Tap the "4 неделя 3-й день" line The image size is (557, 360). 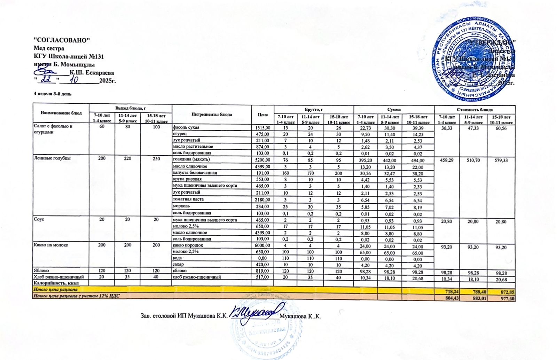pos(53,94)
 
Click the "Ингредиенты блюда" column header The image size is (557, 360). pos(212,115)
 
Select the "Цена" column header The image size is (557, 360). pos(262,115)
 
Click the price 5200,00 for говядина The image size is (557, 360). pos(262,160)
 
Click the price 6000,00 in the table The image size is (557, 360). pos(262,245)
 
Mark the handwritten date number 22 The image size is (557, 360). pos(46,80)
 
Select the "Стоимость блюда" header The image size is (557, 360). pos(474,110)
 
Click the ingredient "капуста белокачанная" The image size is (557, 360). pos(195,173)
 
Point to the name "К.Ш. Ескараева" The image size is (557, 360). pos(92,73)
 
